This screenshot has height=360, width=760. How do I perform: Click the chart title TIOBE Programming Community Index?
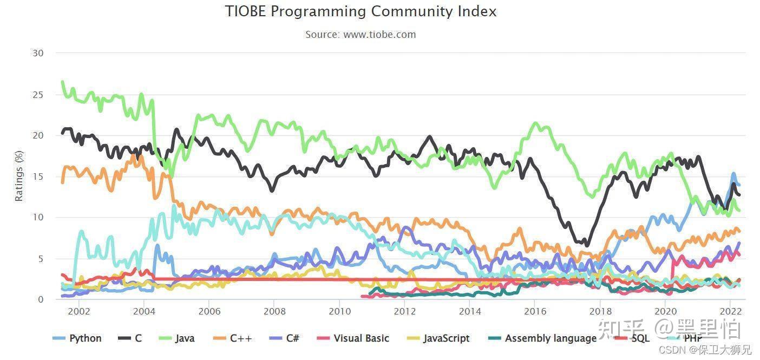361,11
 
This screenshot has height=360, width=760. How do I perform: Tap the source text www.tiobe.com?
361,35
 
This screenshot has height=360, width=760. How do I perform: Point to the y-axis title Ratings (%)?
19,176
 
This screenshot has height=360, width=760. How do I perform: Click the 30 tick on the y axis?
37,53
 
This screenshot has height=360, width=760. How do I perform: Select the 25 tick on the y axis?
37,95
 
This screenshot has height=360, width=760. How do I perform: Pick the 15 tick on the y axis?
37,176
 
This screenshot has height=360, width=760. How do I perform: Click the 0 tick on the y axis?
41,299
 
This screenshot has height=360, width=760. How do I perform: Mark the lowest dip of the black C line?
587,245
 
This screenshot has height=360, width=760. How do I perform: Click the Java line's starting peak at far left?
63,82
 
